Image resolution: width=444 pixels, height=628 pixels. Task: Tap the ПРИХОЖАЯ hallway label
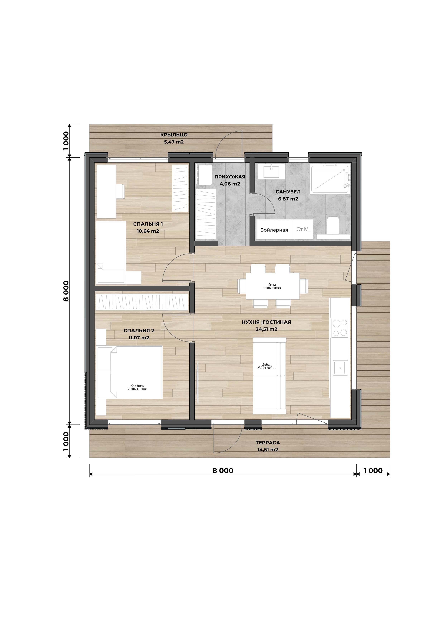point(230,177)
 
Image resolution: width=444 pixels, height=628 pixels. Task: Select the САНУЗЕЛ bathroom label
point(288,192)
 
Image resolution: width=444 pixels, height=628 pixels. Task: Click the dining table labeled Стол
point(273,286)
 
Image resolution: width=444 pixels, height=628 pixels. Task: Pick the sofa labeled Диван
point(269,376)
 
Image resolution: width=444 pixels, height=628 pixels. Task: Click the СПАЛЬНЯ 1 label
point(148,224)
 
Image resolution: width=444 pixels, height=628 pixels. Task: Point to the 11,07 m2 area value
point(139,337)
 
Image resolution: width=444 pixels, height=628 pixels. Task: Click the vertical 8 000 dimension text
point(66,291)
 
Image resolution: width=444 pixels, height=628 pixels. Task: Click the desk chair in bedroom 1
point(120,191)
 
